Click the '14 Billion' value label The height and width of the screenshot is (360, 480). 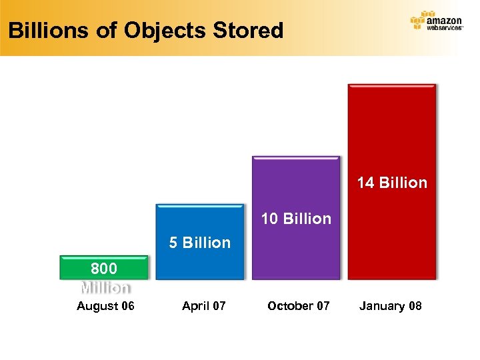391,183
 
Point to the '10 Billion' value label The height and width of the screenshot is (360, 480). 295,219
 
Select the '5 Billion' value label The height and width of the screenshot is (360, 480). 199,243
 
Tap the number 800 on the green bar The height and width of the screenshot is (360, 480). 103,269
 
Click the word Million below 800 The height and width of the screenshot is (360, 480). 105,288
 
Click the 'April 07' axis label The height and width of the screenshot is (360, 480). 203,306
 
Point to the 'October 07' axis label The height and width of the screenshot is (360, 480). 298,306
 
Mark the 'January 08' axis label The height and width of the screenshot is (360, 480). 390,306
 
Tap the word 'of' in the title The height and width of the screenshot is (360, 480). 100,30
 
